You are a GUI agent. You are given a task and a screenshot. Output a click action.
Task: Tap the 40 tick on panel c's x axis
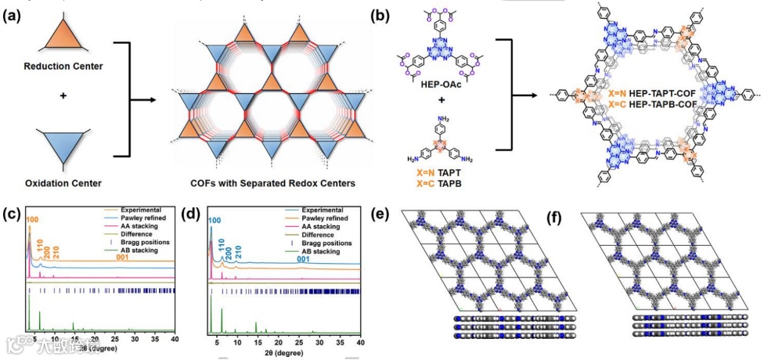pos(175,340)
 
